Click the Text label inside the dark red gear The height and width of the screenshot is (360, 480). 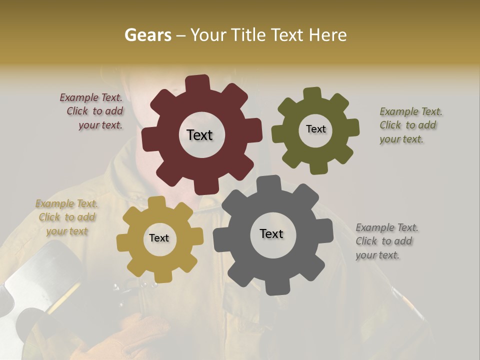coord(199,135)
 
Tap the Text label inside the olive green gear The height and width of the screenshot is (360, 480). coord(315,129)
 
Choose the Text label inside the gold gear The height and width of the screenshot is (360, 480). coord(159,238)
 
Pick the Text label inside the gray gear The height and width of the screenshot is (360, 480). coord(271,233)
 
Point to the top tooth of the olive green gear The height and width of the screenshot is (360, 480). coord(312,93)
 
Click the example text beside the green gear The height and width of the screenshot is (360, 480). coord(410,125)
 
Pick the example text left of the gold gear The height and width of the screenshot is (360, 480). coord(66,217)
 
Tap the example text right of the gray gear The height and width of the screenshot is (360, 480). coord(386,241)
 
